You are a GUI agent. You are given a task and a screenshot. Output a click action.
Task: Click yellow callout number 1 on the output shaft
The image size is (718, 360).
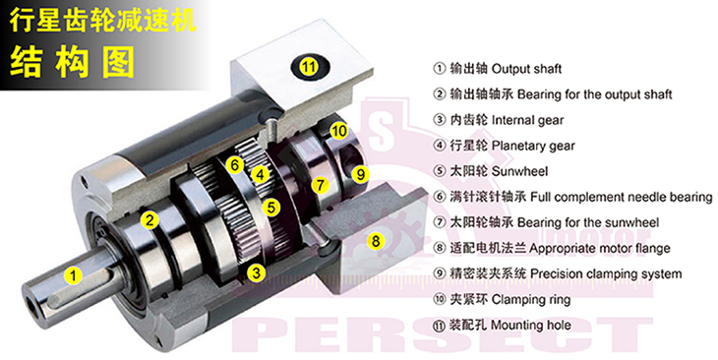click(x=73, y=276)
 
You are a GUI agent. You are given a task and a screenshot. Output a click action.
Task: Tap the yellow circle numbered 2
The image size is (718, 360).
click(x=150, y=220)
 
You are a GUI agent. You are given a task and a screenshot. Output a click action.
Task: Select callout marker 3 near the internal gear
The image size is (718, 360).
click(x=256, y=273)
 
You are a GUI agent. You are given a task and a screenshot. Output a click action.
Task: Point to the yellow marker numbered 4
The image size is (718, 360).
click(x=260, y=174)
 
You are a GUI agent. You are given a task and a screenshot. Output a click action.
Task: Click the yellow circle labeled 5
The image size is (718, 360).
click(x=271, y=208)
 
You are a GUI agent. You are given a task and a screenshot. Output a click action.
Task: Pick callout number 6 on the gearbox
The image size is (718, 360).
click(x=235, y=165)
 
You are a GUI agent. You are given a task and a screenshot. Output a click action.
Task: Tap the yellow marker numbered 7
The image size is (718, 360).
click(x=320, y=185)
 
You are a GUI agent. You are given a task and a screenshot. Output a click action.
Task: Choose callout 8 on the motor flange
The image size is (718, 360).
click(x=376, y=240)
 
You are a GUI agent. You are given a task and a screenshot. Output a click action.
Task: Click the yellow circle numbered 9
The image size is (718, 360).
click(x=361, y=174)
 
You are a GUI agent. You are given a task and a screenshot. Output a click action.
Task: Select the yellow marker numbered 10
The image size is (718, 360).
click(x=339, y=131)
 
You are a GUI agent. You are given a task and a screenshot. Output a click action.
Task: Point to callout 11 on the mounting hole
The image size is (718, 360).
click(x=309, y=67)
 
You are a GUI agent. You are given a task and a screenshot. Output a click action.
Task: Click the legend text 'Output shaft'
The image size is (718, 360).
click(x=526, y=69)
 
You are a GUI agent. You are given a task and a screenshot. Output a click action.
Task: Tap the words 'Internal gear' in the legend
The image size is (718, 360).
click(x=527, y=120)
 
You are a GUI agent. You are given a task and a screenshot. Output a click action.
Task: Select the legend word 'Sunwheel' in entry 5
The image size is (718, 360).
click(x=519, y=172)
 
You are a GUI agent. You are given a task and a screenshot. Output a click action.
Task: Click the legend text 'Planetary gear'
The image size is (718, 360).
click(x=533, y=147)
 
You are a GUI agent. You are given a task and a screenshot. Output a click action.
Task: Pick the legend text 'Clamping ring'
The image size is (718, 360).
click(x=531, y=300)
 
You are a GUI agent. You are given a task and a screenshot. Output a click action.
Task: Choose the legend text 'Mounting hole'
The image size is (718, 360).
click(x=531, y=326)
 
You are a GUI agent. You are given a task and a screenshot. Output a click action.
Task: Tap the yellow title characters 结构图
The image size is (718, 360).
click(x=73, y=62)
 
